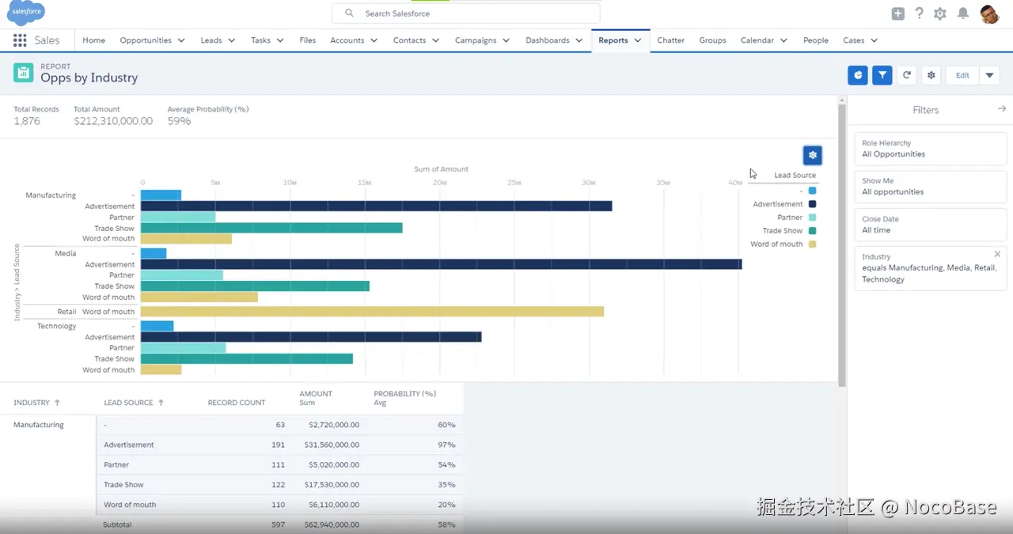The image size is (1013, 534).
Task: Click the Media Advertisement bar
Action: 441,264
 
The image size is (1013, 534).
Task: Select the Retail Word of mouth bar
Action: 372,312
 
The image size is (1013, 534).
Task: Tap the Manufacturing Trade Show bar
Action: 271,228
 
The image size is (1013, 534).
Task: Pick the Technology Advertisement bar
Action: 311,337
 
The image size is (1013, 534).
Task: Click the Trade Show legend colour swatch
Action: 812,231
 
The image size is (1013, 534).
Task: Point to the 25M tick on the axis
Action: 514,183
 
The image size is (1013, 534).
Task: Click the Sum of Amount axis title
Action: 441,169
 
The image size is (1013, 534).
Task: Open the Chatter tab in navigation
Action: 670,40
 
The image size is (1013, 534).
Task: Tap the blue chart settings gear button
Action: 812,155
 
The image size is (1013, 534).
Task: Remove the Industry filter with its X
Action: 997,254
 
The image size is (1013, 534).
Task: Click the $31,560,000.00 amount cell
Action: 332,445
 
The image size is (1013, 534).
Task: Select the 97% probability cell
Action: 446,445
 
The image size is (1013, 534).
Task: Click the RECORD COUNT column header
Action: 236,403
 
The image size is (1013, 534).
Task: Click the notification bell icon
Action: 962,13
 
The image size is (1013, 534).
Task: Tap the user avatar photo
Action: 989,13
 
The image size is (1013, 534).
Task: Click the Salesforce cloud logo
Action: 26,13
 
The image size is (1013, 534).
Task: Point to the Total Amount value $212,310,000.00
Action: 113,121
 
